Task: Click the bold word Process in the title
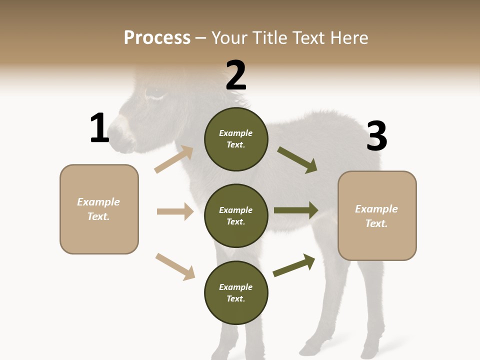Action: pyautogui.click(x=157, y=38)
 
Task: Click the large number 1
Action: pyautogui.click(x=99, y=128)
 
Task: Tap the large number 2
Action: pyautogui.click(x=236, y=76)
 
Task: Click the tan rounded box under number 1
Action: pyautogui.click(x=99, y=209)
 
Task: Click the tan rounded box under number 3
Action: pyautogui.click(x=377, y=216)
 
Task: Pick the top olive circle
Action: pyautogui.click(x=236, y=139)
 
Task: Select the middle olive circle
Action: pyautogui.click(x=236, y=216)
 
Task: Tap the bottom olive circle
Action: pyautogui.click(x=236, y=293)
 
